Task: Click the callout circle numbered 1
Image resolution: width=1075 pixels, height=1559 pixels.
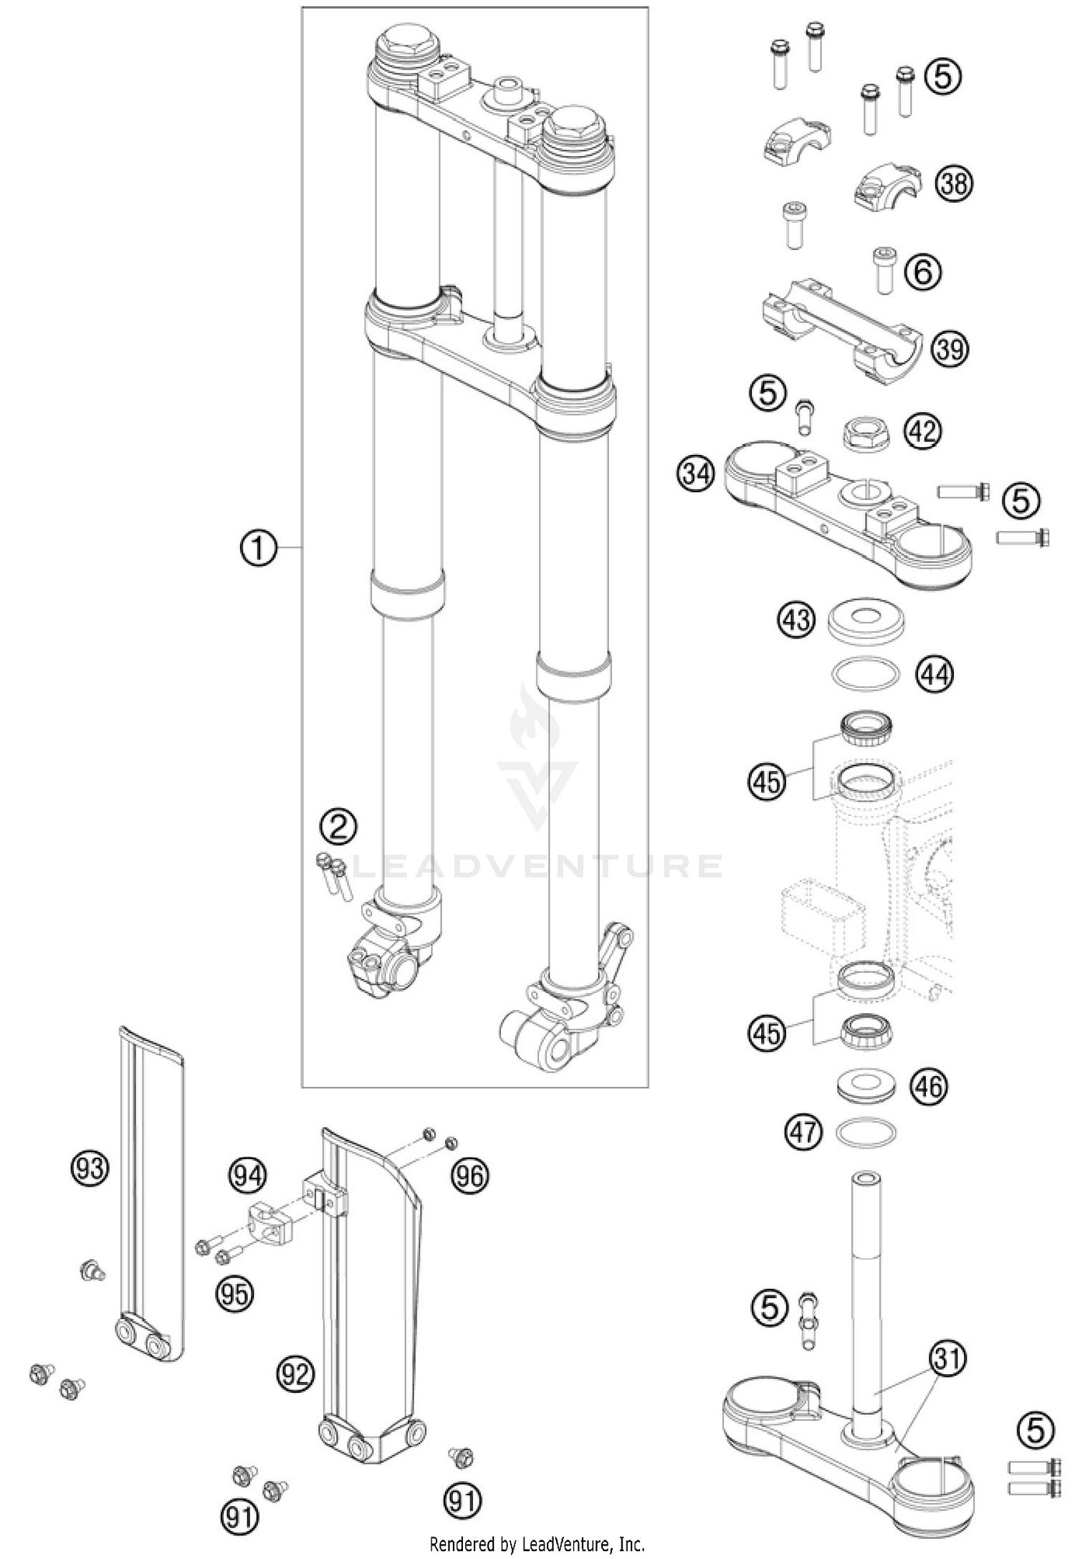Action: tap(257, 547)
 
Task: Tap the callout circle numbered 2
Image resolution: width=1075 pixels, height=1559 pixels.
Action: tap(338, 828)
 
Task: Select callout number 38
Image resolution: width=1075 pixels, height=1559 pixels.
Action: tap(954, 184)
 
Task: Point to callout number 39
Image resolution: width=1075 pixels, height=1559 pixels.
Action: tap(950, 350)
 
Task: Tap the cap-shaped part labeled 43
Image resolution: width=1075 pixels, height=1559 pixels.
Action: tap(866, 619)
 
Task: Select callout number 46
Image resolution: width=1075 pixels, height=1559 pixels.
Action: tap(928, 1086)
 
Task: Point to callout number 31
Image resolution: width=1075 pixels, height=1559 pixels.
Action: tap(948, 1357)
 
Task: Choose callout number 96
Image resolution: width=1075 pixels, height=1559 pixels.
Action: tap(470, 1176)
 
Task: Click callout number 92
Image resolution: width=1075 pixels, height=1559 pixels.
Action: tap(295, 1373)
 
